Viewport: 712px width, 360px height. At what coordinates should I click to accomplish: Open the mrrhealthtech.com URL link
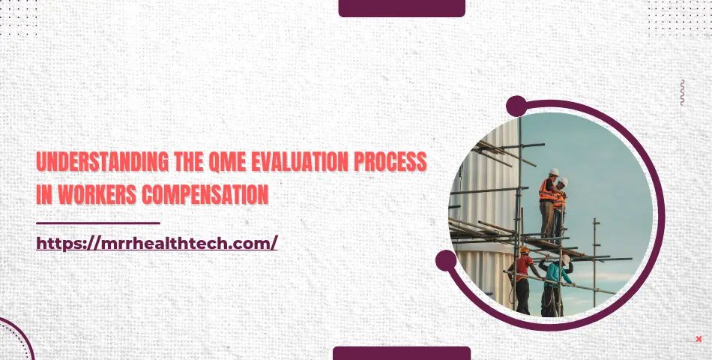click(157, 243)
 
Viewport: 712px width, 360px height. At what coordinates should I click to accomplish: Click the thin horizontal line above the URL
click(98, 223)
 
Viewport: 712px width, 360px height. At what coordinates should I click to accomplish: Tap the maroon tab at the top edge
click(402, 7)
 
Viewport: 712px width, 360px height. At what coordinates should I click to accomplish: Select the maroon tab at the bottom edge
click(402, 353)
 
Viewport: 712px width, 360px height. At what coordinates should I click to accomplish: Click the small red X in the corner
click(699, 339)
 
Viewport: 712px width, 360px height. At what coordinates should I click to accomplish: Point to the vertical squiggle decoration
click(682, 92)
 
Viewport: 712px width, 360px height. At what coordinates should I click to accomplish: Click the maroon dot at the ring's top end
click(516, 106)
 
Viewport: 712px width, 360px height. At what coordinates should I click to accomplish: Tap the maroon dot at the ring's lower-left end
click(446, 260)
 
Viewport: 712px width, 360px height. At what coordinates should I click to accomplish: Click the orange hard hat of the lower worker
click(524, 250)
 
